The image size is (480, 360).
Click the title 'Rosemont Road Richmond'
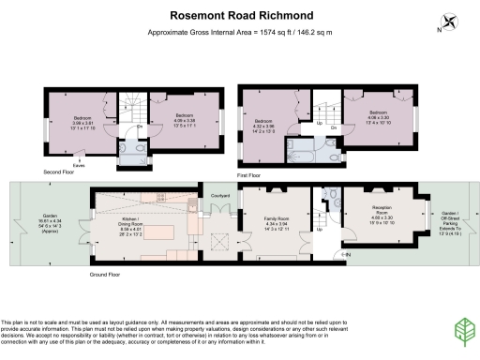pos(240,15)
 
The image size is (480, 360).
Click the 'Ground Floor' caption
pos(109,275)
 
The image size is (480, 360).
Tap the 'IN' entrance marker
pos(348,254)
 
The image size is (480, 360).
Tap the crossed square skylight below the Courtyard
pos(220,239)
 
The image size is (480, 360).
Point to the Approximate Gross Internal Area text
pos(240,33)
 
